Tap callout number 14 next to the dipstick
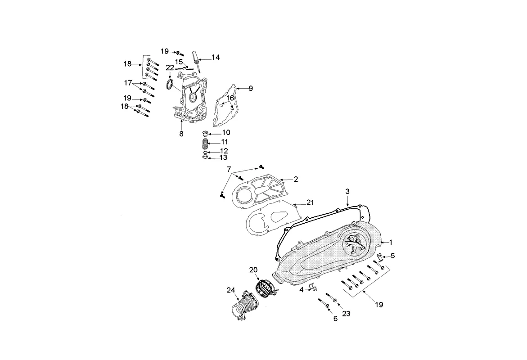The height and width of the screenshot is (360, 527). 216,58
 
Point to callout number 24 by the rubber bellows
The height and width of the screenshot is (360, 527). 230,290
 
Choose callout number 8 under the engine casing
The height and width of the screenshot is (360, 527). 181,134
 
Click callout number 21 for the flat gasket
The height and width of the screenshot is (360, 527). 310,202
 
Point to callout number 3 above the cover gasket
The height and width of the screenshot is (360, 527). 347,192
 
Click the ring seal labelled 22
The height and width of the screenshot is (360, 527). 170,84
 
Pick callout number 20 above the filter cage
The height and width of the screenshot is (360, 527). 253,270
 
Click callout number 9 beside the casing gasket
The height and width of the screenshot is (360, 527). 251,88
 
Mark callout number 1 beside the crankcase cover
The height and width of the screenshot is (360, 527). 391,243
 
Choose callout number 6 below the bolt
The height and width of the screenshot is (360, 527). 335,319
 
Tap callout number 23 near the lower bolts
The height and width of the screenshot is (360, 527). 346,314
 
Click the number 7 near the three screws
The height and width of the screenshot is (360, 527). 229,169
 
